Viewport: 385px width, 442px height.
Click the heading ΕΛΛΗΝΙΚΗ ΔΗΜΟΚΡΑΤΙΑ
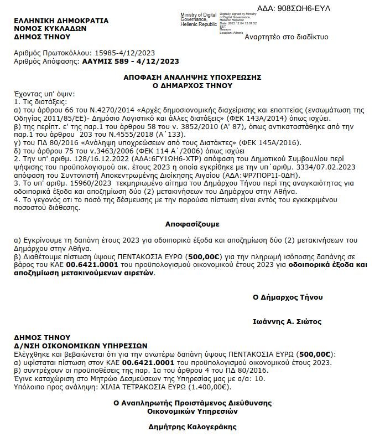coord(61,20)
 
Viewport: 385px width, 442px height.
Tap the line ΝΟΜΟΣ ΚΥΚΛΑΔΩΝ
coord(50,29)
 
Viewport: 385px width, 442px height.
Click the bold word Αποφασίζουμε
coord(192,224)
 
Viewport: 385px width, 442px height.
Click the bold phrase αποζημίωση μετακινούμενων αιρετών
coord(84,273)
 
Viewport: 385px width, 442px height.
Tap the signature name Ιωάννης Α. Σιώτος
coord(287,321)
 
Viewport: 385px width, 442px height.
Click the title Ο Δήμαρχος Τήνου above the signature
coord(287,297)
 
